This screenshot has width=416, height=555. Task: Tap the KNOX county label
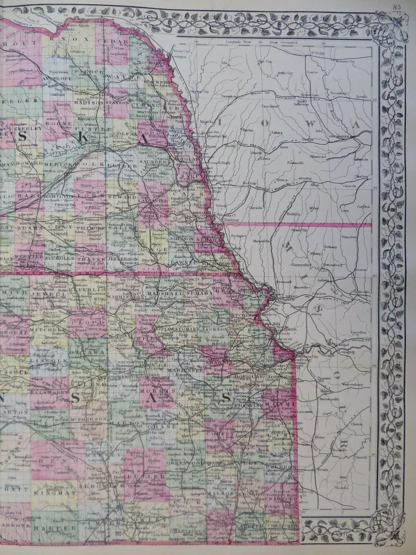point(60,38)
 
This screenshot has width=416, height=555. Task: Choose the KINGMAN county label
point(54,493)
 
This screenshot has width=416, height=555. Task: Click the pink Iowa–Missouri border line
point(309,224)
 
